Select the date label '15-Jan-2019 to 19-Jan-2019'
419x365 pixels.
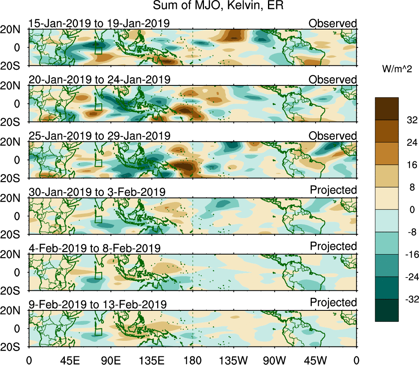[x=99, y=23]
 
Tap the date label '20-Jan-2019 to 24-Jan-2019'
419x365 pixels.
[x=99, y=79]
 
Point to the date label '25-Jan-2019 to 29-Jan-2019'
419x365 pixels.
[x=99, y=135]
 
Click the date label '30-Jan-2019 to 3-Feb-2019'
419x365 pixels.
[x=97, y=192]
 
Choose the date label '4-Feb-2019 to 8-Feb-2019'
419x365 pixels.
[x=94, y=248]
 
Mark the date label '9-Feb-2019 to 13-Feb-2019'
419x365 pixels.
[x=97, y=304]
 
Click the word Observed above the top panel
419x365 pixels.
[x=333, y=23]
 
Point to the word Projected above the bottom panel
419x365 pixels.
[x=333, y=303]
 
